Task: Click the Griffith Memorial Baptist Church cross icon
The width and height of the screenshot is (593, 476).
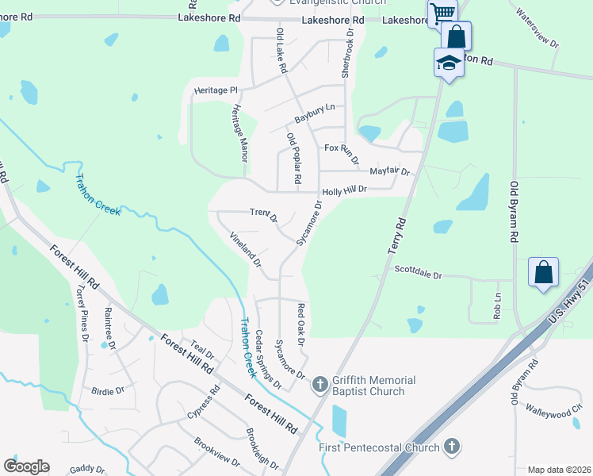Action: pos(319,385)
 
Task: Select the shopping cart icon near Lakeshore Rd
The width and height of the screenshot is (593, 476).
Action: pos(442,13)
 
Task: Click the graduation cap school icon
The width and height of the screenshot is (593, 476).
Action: pos(449,63)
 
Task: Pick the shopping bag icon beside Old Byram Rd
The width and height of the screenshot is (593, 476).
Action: pos(543,272)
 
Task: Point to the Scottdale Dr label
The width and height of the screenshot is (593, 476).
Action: pos(418,271)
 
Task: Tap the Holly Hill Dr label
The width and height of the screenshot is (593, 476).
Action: pos(345,190)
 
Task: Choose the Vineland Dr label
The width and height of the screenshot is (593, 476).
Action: pos(245,248)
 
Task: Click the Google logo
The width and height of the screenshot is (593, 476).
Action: pos(26,466)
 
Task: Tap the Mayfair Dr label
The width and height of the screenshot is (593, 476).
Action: pos(389,171)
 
